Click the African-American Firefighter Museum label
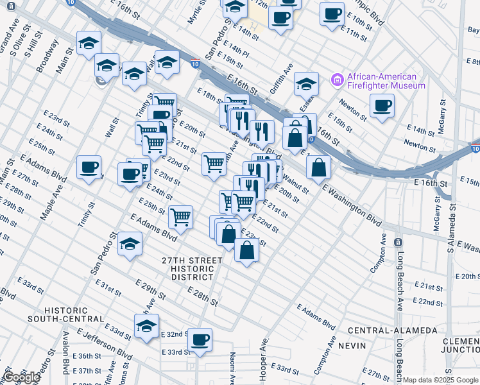386,80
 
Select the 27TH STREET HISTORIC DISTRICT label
193,269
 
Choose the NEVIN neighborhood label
356,346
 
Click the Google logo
21,377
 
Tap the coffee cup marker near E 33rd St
200,339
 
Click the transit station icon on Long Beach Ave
398,243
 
